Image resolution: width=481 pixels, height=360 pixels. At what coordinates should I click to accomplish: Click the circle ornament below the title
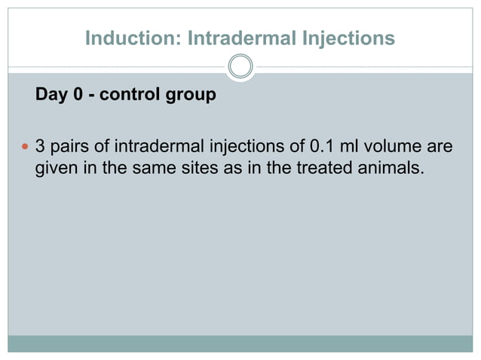[240, 67]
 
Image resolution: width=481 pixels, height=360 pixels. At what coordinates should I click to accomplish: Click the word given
[57, 167]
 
